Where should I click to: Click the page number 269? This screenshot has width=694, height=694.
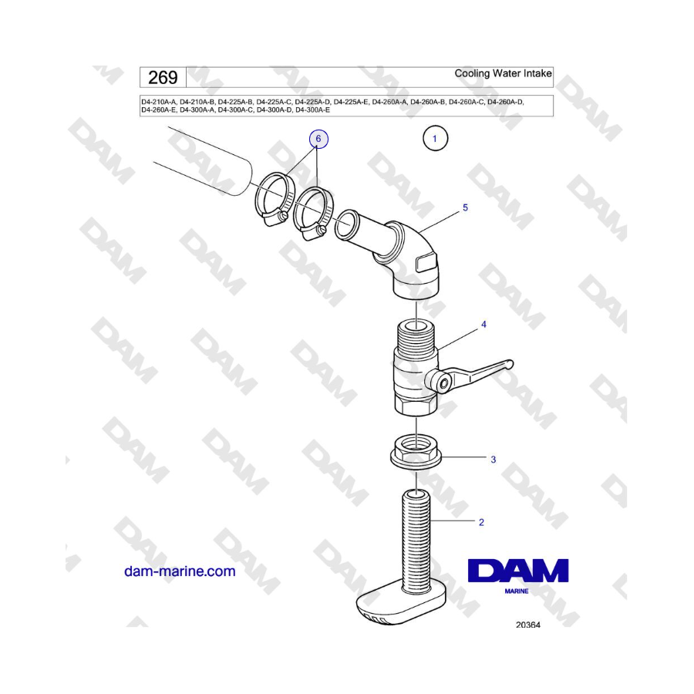[163, 77]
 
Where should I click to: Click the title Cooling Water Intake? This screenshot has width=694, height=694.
[503, 74]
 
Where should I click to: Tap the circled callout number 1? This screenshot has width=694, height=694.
[435, 140]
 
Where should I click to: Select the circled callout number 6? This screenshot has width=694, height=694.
[319, 140]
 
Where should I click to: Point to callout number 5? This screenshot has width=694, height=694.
[465, 207]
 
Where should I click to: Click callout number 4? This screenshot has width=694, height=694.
[483, 325]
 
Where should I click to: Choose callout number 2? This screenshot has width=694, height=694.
[481, 522]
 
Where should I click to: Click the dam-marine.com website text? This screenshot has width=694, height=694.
[180, 571]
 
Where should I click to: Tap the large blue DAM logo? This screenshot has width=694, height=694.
[518, 571]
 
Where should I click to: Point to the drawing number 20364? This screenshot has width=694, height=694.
[528, 625]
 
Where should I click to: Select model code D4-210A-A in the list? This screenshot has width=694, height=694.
[159, 101]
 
